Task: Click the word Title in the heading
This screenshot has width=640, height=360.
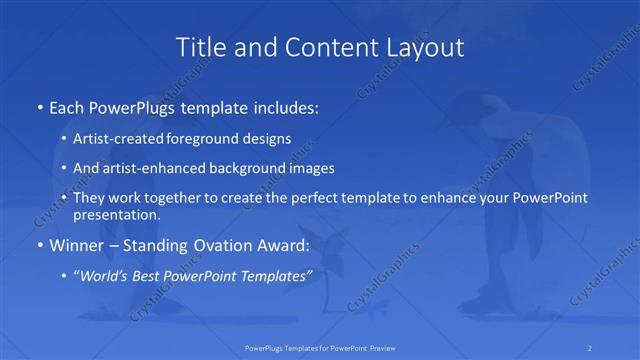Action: click(x=201, y=47)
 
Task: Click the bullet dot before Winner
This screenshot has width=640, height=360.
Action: click(x=39, y=245)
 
